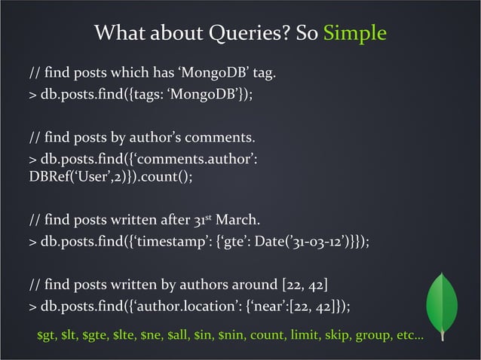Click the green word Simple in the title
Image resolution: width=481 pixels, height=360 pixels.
(x=354, y=35)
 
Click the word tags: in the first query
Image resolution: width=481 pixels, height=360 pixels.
(x=150, y=96)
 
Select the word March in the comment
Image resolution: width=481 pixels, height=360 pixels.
(x=238, y=221)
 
